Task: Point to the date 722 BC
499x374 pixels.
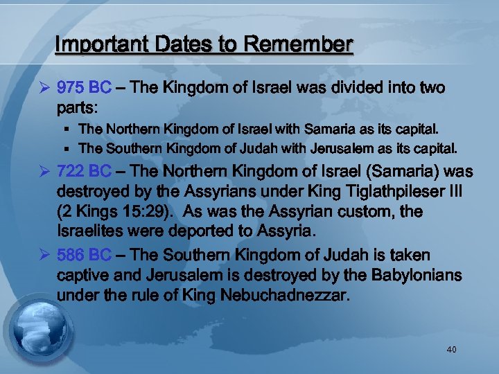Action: click(x=83, y=171)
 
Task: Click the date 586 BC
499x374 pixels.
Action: click(x=83, y=256)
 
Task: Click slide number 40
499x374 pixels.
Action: click(x=451, y=350)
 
